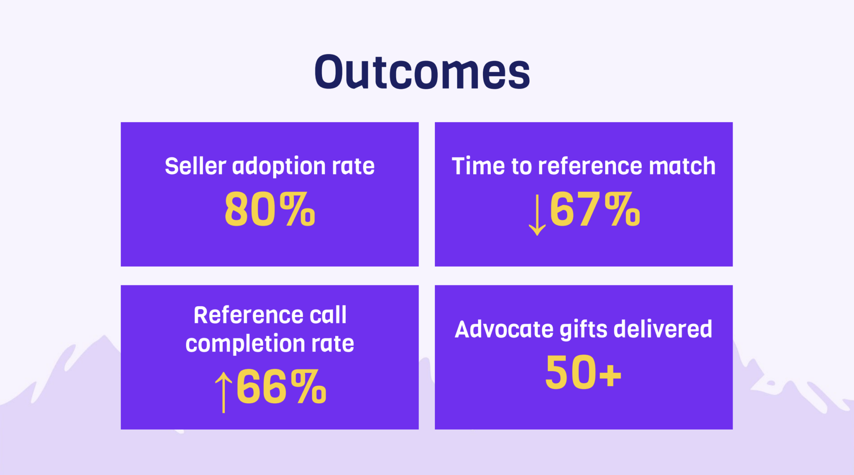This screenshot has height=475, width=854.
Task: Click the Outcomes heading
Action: (x=422, y=72)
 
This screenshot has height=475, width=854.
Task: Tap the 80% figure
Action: (x=270, y=209)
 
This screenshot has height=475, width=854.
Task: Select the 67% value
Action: (x=595, y=209)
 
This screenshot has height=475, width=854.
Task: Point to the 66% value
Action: (x=281, y=387)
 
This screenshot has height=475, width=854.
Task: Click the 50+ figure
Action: (x=583, y=372)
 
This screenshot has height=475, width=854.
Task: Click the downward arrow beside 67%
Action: (x=537, y=215)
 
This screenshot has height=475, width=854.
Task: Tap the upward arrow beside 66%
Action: (x=224, y=392)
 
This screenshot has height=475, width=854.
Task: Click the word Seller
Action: (x=196, y=166)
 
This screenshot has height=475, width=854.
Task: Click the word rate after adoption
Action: (x=353, y=167)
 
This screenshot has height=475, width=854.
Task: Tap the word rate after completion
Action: (x=333, y=344)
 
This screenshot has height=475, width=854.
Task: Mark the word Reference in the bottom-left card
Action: (x=249, y=315)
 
